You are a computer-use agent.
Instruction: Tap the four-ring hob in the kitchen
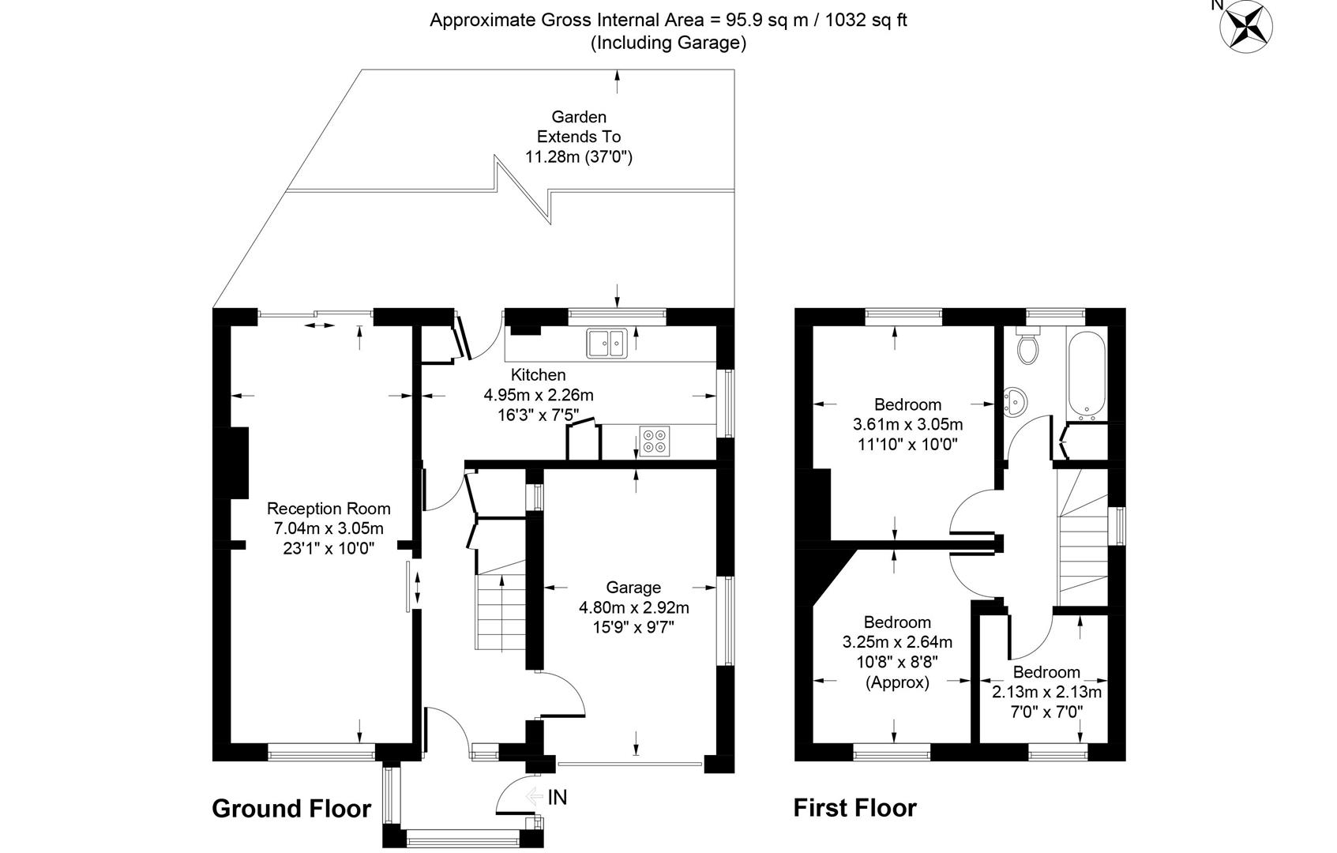(x=655, y=441)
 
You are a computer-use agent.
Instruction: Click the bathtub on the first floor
(x=1087, y=375)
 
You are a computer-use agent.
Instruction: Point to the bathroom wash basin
(x=1015, y=402)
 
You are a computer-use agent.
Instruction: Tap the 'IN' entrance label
(x=557, y=798)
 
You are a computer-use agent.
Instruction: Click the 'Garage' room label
(x=633, y=588)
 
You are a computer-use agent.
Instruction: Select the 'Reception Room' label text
(x=329, y=509)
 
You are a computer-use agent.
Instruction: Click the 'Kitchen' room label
(x=538, y=374)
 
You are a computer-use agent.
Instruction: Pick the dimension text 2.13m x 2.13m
(x=1046, y=693)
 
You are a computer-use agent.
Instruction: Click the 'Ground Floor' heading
(x=291, y=809)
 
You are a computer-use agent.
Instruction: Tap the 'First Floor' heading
(x=854, y=808)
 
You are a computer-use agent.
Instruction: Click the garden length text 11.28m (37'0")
(x=579, y=156)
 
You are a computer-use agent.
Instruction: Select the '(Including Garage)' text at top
(x=668, y=43)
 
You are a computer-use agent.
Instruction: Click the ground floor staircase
(x=500, y=608)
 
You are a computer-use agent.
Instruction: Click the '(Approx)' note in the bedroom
(x=897, y=682)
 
